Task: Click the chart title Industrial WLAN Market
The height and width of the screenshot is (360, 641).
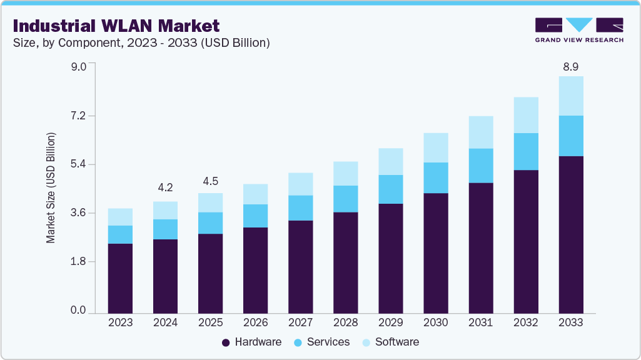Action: (116, 26)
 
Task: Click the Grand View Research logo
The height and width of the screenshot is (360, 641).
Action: (578, 29)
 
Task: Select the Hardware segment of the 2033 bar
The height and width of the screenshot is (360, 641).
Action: (570, 234)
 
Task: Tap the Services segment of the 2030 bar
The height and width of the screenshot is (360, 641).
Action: (435, 177)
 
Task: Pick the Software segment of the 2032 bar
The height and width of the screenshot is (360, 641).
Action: (525, 115)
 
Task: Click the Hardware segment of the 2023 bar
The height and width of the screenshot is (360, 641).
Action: (120, 278)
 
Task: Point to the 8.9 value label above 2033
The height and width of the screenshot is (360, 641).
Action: (570, 66)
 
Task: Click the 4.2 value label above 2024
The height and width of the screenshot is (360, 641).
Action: (165, 187)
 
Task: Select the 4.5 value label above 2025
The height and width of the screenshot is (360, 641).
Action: (210, 181)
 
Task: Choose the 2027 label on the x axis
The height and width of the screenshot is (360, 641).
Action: (300, 322)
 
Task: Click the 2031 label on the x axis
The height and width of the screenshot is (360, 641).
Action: (480, 322)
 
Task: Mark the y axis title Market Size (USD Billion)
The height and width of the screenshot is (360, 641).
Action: (51, 187)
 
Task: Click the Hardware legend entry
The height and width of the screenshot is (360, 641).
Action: (251, 342)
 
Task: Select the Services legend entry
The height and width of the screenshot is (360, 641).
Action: (322, 342)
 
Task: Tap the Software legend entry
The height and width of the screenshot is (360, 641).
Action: (390, 342)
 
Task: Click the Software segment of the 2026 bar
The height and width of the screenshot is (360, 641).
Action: (255, 194)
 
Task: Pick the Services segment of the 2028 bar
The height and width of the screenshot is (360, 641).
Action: (345, 199)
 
